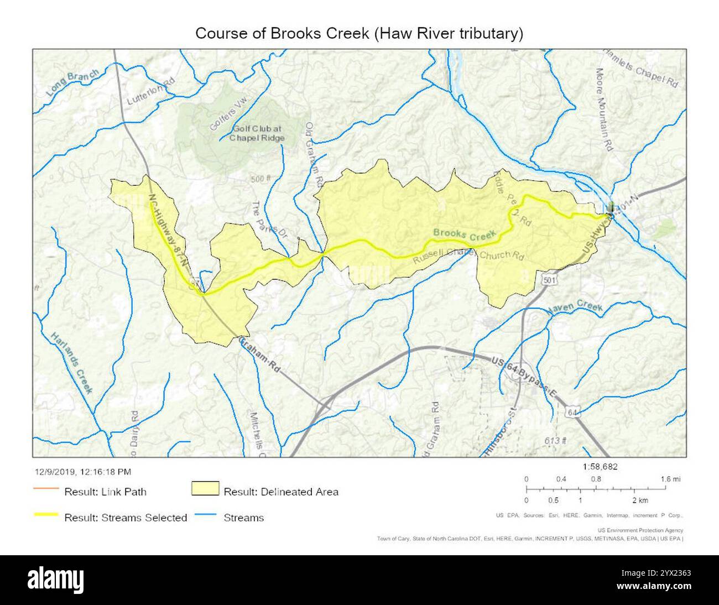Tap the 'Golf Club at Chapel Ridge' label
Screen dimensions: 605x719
tap(258, 133)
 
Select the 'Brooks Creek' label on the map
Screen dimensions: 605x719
tap(463, 234)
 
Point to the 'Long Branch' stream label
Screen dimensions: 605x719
tap(73, 83)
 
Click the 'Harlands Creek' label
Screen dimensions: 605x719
tap(71, 363)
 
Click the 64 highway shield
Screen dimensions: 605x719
tap(572, 412)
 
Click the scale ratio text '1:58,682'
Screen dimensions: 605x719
tap(600, 467)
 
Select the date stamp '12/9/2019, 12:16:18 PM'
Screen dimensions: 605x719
tap(83, 472)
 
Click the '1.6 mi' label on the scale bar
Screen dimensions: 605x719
tap(670, 479)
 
